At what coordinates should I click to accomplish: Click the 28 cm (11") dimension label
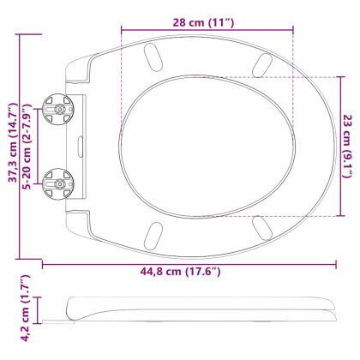coord(204,22)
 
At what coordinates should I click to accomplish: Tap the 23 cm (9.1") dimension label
coord(347,146)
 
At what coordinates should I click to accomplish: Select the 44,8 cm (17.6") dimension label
coord(180,271)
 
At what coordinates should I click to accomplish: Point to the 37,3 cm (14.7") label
coord(14,142)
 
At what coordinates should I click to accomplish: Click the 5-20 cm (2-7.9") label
coord(27,147)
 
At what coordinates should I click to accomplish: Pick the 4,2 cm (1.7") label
coord(25,309)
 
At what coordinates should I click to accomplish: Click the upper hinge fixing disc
coord(58,109)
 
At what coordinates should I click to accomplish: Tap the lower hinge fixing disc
coord(58,184)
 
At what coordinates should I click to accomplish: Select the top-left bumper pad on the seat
coord(153,57)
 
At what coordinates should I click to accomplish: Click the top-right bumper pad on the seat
coord(261,65)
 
